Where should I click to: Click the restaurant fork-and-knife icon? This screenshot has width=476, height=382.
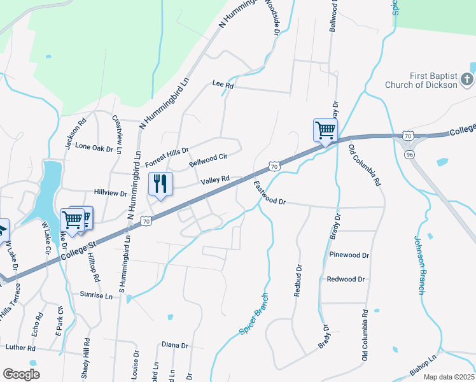[160, 184]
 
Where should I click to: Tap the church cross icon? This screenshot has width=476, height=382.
[467, 80]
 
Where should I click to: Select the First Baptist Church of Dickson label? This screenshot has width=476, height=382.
[421, 80]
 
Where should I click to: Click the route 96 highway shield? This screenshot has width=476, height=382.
[407, 153]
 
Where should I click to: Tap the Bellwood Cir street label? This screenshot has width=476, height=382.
[208, 159]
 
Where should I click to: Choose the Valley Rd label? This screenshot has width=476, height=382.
[215, 181]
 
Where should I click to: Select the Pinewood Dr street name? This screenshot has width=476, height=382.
[349, 255]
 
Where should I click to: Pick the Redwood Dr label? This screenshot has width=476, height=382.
[346, 279]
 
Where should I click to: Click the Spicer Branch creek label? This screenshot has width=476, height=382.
[255, 314]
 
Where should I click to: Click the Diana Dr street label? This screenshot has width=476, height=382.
[175, 346]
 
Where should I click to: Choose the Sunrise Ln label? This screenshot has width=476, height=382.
[97, 296]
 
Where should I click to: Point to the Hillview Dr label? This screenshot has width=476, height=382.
[111, 192]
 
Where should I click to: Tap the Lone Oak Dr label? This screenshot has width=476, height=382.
[94, 146]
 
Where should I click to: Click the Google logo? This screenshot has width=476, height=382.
[21, 374]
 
